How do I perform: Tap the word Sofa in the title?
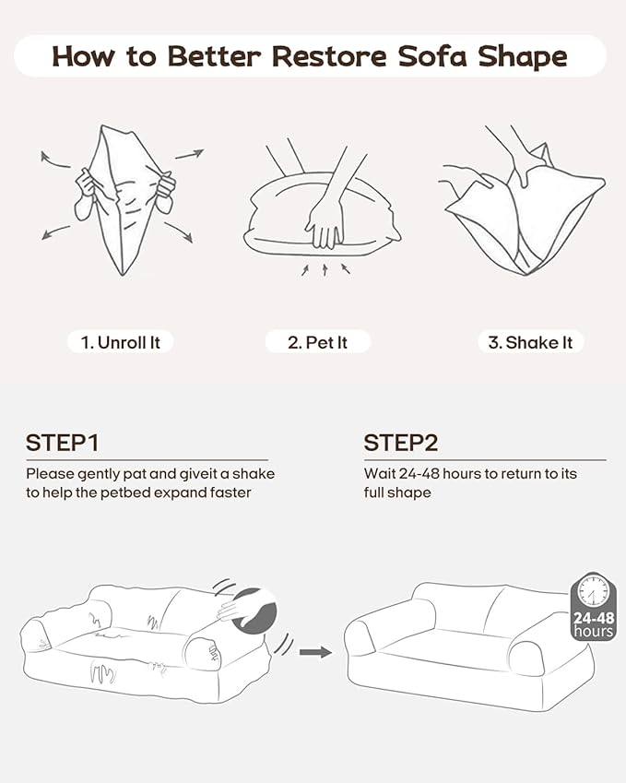pyautogui.click(x=433, y=56)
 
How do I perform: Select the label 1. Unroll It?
pyautogui.click(x=120, y=342)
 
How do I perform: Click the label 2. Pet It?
pyautogui.click(x=317, y=342)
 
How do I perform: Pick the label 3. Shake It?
pyautogui.click(x=530, y=342)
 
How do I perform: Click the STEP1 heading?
pyautogui.click(x=63, y=443)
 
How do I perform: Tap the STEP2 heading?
pyautogui.click(x=401, y=443)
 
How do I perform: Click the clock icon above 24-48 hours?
pyautogui.click(x=593, y=592)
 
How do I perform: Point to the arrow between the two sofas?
pyautogui.click(x=315, y=652)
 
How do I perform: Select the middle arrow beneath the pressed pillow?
pyautogui.click(x=325, y=269)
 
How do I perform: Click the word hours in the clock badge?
pyautogui.click(x=594, y=632)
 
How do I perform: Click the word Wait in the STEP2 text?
pyautogui.click(x=380, y=473)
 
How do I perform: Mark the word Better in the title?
pyautogui.click(x=214, y=56)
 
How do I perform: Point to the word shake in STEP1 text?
pyautogui.click(x=254, y=473)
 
